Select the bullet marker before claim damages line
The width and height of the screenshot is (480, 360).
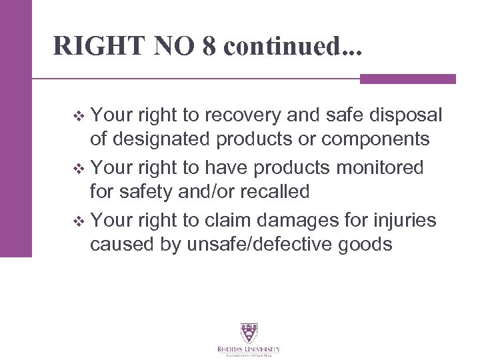[81, 217]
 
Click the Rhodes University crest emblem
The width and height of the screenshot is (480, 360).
[249, 333]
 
